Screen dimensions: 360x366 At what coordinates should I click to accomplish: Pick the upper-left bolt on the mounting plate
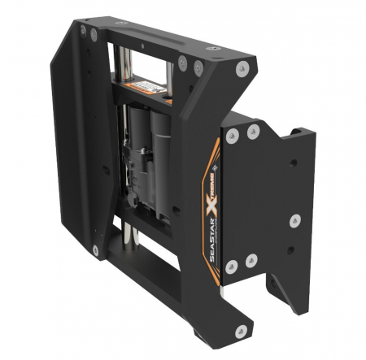233,134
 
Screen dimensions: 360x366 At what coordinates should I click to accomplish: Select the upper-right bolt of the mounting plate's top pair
252,131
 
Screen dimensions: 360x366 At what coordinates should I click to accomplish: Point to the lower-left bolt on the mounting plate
233,264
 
